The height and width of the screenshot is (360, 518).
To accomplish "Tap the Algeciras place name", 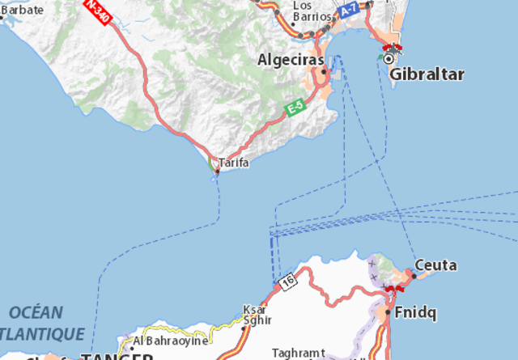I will coord(290,60).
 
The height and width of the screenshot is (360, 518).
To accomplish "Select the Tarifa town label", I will coord(234,163).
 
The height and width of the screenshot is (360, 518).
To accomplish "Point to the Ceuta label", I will coord(435,265).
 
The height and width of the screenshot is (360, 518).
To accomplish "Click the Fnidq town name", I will coord(412,312).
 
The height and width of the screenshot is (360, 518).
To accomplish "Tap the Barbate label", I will coord(22,10).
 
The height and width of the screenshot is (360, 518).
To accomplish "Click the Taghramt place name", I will coord(299,353).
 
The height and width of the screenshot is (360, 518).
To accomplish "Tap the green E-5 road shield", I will coord(294,108).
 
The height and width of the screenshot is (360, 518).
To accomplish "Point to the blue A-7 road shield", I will coord(349,11).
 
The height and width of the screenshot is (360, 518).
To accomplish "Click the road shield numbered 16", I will coord(288,281).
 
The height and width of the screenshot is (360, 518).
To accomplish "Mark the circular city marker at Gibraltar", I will coord(390,58).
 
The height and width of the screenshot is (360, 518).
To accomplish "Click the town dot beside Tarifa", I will coord(217,171).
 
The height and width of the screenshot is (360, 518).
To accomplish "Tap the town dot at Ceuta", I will coord(413,276).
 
